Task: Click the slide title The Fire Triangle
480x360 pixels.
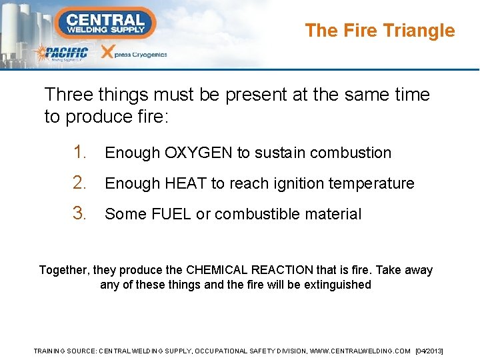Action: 379,31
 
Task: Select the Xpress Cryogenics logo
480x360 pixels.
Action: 133,53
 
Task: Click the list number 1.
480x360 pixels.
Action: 80,153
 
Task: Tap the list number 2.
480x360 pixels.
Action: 80,183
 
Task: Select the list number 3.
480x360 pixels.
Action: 80,214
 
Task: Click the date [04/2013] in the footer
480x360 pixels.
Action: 429,351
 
